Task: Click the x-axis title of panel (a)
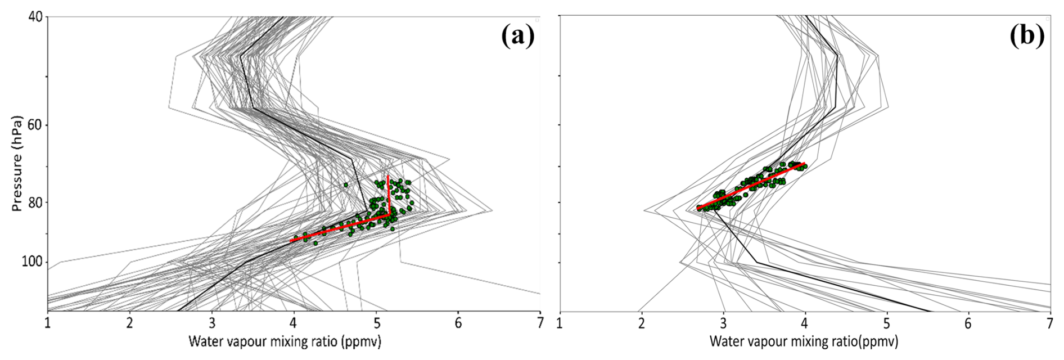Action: click(x=285, y=341)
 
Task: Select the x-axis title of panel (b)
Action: click(x=804, y=341)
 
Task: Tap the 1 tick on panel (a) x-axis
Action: click(x=48, y=324)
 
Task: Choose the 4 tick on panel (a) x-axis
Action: click(x=294, y=324)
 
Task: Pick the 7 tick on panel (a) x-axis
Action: click(x=540, y=324)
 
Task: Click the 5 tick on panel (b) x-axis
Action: click(x=887, y=324)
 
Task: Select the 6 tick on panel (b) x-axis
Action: click(x=968, y=324)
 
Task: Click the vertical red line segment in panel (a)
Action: click(x=389, y=194)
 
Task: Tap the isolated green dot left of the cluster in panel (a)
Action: click(x=346, y=185)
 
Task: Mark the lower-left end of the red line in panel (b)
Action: click(x=698, y=209)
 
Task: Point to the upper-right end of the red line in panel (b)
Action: click(x=805, y=164)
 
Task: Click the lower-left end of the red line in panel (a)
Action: click(x=291, y=241)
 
